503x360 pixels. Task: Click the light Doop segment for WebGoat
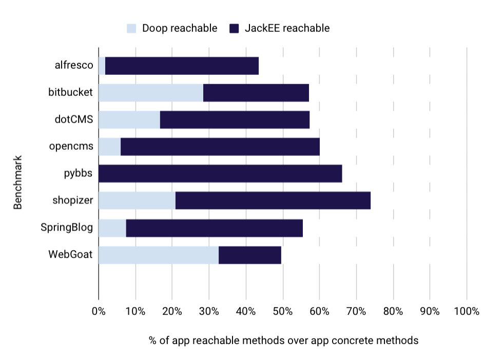pyautogui.click(x=158, y=255)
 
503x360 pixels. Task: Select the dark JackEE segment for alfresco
pyautogui.click(x=182, y=66)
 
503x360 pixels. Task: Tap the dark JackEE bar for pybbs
pyautogui.click(x=220, y=174)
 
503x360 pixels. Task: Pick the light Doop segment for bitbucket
pyautogui.click(x=150, y=93)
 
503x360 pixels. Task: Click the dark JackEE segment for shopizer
pyautogui.click(x=273, y=201)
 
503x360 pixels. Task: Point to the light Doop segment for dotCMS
pyautogui.click(x=129, y=120)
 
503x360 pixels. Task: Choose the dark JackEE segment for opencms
pyautogui.click(x=220, y=147)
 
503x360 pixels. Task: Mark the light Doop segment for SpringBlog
pyautogui.click(x=112, y=228)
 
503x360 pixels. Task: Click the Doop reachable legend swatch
pyautogui.click(x=132, y=28)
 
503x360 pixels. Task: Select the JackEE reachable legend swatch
pyautogui.click(x=235, y=28)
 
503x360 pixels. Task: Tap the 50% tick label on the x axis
pyautogui.click(x=282, y=311)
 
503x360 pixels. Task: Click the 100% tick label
pyautogui.click(x=467, y=311)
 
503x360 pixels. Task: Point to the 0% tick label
pyautogui.click(x=98, y=311)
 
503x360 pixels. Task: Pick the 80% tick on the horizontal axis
pyautogui.click(x=393, y=311)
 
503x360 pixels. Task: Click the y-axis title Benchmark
pyautogui.click(x=18, y=183)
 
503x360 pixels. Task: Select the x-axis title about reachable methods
pyautogui.click(x=283, y=340)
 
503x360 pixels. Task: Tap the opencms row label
pyautogui.click(x=71, y=146)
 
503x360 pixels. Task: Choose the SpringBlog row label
pyautogui.click(x=67, y=227)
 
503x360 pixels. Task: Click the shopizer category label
pyautogui.click(x=72, y=200)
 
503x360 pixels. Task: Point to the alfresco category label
pyautogui.click(x=74, y=65)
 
